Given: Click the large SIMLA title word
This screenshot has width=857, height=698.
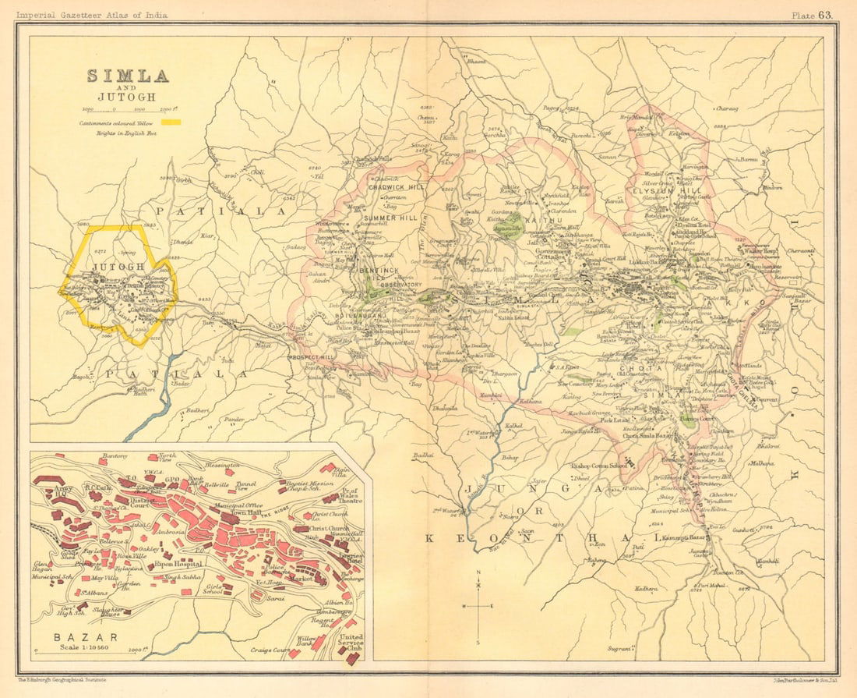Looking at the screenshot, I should coord(128,76).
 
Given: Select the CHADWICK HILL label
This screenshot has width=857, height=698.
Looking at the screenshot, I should coord(395,187).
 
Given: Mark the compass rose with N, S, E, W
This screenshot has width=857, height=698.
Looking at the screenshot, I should coord(479,606).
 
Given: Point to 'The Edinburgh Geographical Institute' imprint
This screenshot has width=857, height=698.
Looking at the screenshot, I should coord(62,681).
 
